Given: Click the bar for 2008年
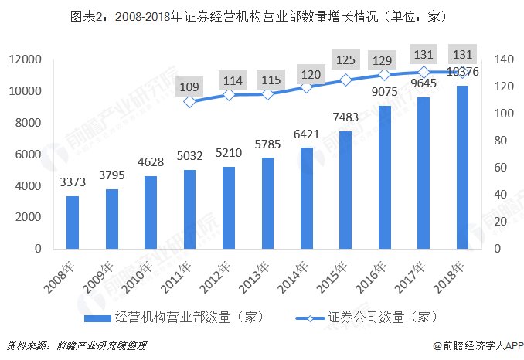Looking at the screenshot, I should (72, 222).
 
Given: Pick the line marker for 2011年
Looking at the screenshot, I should (189, 102).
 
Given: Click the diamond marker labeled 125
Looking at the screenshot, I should (345, 80).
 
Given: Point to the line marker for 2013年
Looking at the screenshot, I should (267, 94).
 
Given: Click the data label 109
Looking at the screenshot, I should (189, 86).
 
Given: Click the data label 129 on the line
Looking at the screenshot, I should (384, 59).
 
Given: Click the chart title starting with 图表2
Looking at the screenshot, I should (261, 15).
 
